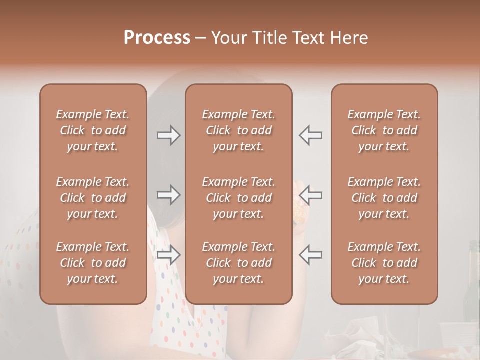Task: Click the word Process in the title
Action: [x=157, y=37]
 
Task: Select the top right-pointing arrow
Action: [x=168, y=135]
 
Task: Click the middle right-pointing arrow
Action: [x=168, y=195]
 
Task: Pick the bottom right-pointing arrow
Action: [x=168, y=255]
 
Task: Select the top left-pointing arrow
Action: [x=311, y=135]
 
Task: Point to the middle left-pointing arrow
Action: [x=311, y=195]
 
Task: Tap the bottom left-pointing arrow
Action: [x=311, y=255]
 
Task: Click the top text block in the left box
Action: [x=93, y=130]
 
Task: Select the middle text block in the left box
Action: [x=93, y=198]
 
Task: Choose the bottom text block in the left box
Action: [x=93, y=263]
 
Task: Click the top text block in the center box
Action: [x=239, y=130]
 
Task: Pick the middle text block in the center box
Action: [x=239, y=198]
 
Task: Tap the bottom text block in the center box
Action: [x=239, y=263]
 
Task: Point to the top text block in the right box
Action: [x=384, y=130]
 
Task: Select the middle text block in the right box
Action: [x=384, y=198]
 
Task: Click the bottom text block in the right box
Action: [x=384, y=263]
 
